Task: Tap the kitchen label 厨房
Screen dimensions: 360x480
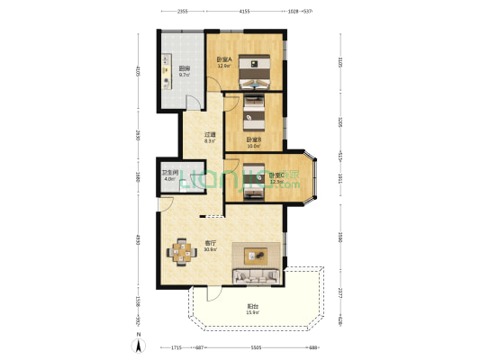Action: [184, 69]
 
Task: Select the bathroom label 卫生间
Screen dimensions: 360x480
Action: [169, 173]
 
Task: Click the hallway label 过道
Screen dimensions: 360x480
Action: [208, 134]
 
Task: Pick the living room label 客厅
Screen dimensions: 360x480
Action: [209, 243]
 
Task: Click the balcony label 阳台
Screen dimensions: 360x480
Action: [253, 306]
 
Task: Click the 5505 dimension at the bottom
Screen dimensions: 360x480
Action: [256, 347]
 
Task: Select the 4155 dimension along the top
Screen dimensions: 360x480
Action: [244, 11]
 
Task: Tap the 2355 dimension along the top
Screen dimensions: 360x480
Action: [182, 11]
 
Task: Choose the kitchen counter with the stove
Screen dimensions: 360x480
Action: [167, 72]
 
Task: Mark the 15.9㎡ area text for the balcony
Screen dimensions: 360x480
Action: [253, 312]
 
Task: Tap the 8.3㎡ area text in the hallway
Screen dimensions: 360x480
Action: [208, 140]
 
